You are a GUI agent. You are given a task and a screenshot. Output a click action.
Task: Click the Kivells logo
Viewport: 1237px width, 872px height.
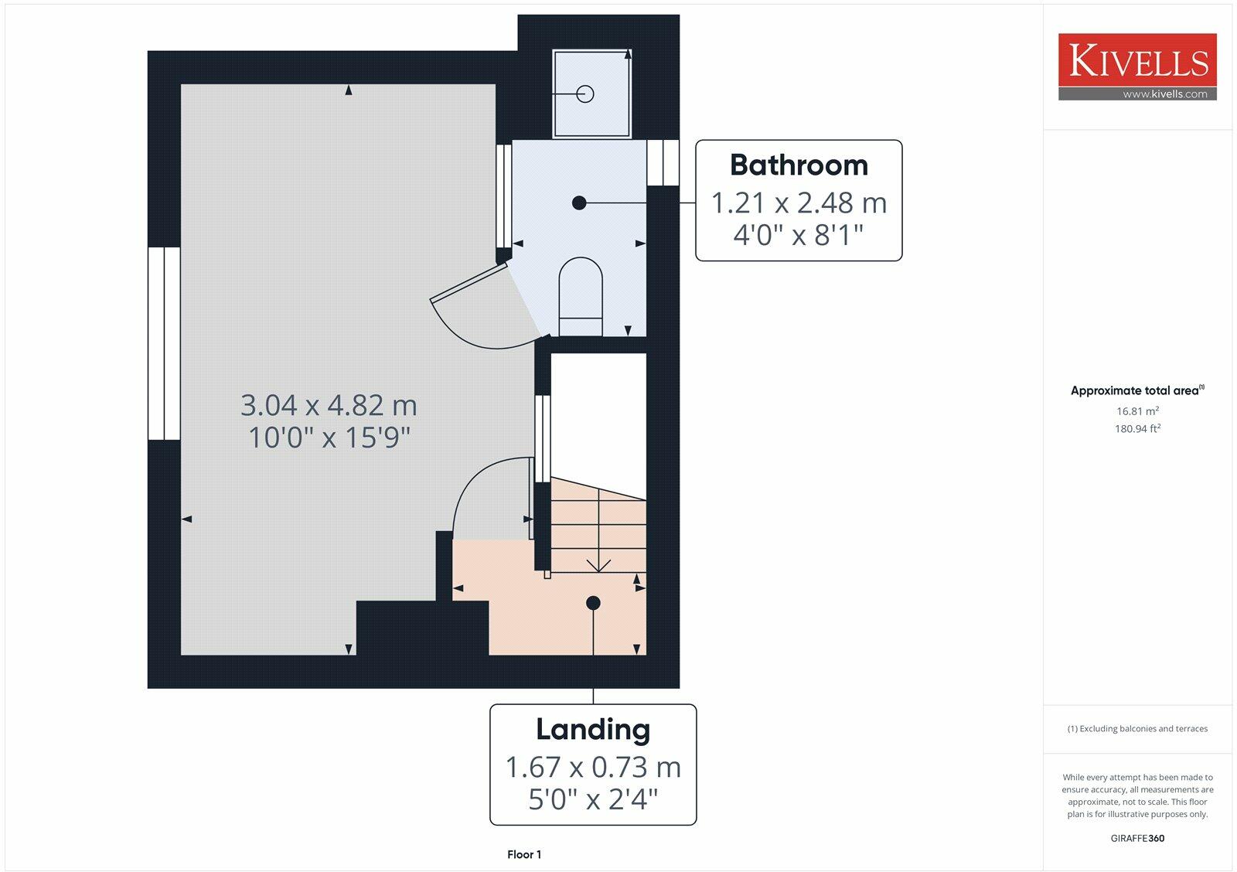(1137, 61)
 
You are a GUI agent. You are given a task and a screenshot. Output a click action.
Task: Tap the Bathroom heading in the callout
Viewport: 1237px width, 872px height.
(799, 165)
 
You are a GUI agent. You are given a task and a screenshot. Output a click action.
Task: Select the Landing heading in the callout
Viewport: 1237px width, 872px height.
(593, 730)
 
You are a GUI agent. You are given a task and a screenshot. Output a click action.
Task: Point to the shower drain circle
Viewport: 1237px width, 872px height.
(585, 94)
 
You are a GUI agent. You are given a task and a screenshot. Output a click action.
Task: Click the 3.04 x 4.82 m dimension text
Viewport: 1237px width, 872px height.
(329, 405)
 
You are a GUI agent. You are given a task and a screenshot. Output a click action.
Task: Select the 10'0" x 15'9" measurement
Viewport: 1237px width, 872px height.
(329, 438)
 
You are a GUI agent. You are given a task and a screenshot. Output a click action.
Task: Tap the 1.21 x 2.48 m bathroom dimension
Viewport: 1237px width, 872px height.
(799, 203)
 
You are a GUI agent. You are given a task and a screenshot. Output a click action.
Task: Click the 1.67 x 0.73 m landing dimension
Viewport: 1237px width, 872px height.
(593, 768)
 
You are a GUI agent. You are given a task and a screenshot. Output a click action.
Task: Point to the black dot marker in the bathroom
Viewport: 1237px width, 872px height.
(579, 203)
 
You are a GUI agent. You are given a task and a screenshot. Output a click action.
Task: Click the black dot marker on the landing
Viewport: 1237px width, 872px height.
(593, 603)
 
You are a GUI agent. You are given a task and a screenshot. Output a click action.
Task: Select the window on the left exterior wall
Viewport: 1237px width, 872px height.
(164, 343)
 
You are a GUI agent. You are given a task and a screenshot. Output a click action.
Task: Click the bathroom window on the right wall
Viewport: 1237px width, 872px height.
(663, 162)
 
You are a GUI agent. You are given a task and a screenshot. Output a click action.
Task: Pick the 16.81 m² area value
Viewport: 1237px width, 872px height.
(1137, 411)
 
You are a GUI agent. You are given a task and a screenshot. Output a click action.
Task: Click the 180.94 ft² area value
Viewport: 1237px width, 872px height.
(1137, 428)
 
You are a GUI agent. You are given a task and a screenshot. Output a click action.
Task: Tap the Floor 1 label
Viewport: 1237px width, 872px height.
(524, 854)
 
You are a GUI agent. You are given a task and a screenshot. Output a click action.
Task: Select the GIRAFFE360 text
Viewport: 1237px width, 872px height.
(1137, 838)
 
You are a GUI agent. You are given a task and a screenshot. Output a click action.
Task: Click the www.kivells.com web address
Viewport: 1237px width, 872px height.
(1164, 94)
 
